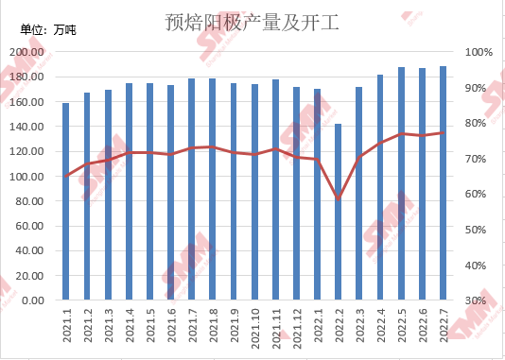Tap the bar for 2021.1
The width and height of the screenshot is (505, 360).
tap(66, 201)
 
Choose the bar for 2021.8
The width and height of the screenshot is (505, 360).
tap(212, 189)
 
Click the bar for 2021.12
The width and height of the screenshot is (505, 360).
tap(296, 194)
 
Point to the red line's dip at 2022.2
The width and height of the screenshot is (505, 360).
tap(338, 198)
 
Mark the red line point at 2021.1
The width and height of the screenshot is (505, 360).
tap(66, 176)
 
